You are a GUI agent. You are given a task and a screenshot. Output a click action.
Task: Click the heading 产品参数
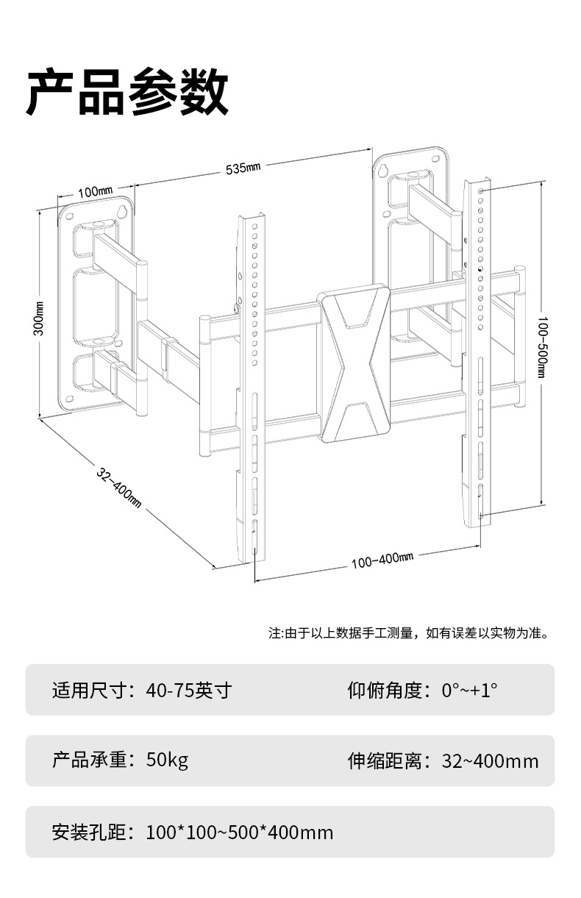click(x=127, y=92)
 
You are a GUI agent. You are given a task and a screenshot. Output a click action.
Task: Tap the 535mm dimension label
click(x=243, y=168)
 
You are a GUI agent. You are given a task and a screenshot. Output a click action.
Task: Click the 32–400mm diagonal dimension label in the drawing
click(x=118, y=486)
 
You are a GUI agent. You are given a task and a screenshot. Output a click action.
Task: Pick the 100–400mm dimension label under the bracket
click(x=382, y=560)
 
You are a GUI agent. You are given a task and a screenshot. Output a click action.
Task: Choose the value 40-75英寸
click(x=189, y=691)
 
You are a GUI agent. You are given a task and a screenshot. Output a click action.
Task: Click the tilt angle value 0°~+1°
click(x=469, y=691)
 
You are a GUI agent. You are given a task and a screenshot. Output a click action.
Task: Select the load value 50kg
click(x=167, y=760)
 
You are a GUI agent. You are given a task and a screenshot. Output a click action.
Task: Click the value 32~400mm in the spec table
click(x=490, y=760)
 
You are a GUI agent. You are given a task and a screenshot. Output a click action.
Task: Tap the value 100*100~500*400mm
click(x=240, y=832)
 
